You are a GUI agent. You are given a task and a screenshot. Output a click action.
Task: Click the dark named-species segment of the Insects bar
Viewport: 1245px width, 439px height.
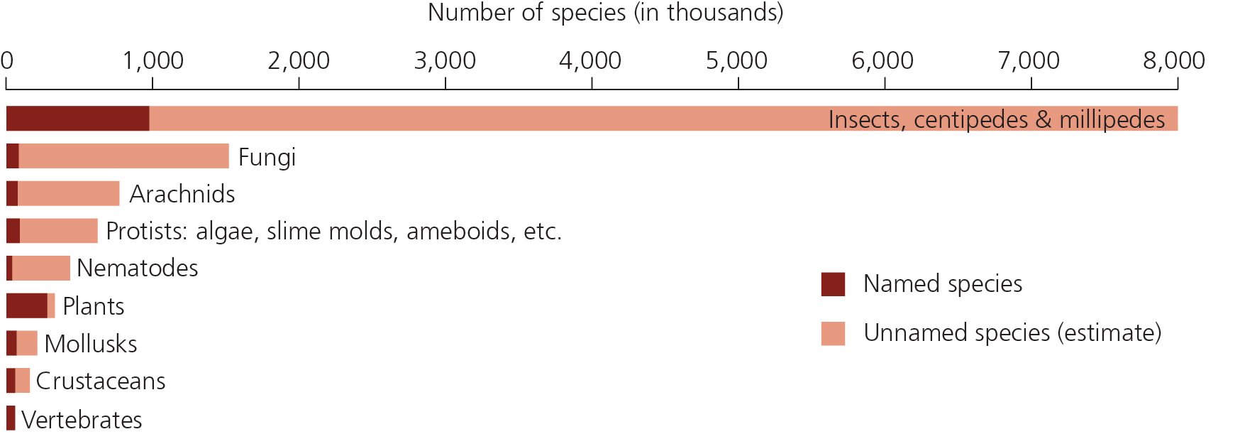coord(77,119)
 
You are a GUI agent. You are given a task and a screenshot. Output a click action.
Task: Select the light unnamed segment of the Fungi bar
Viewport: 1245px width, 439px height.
coord(123,156)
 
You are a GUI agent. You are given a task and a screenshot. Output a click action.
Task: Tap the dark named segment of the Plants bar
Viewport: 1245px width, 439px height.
coord(26,305)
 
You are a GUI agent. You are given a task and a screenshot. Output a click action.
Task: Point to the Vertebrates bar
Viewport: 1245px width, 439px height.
coord(11,418)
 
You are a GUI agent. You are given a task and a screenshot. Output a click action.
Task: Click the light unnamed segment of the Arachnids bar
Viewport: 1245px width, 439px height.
coord(68,193)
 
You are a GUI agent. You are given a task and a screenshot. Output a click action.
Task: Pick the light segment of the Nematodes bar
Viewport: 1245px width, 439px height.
coord(41,268)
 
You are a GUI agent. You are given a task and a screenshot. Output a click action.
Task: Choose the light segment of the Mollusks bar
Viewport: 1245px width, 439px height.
coord(27,343)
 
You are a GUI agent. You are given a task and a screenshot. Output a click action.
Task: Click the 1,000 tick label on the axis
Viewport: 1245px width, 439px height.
coord(153,61)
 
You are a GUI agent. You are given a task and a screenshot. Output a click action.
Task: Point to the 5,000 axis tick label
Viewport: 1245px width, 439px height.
coord(736,61)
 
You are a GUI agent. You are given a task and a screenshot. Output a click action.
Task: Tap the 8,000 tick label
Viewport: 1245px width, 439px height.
coord(1173,61)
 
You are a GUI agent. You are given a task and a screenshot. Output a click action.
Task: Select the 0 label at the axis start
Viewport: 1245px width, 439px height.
coord(7,61)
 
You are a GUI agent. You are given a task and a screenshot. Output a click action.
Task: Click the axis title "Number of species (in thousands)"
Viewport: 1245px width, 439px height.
coord(605,13)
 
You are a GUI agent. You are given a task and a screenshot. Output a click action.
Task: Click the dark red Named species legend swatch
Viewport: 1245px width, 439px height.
coord(833,284)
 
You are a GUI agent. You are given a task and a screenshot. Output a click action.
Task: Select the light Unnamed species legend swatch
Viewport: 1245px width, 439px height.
coord(833,333)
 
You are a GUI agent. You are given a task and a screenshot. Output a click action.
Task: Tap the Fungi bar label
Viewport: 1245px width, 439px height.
coord(267,157)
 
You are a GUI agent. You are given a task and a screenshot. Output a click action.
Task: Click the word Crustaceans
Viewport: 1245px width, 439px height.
coord(101,381)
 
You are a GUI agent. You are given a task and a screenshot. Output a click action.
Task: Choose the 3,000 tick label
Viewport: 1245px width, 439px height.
coord(445,61)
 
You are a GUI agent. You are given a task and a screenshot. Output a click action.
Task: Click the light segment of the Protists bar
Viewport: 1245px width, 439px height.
coord(58,231)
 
